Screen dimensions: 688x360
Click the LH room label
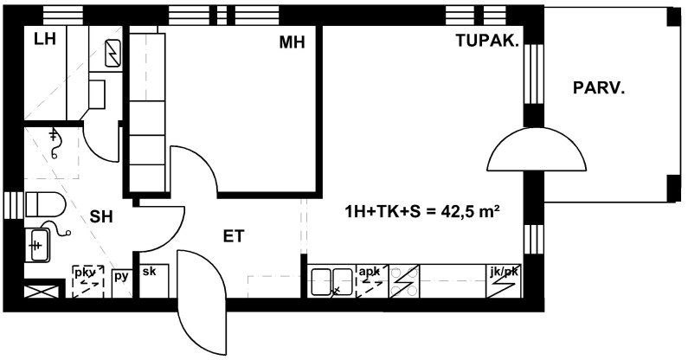coord(45,40)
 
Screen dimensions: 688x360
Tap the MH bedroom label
coord(292,42)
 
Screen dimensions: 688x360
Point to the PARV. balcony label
coord(599,88)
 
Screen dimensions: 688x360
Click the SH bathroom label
coord(101,216)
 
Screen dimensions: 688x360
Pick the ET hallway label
coord(234,236)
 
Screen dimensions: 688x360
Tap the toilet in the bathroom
coord(46,204)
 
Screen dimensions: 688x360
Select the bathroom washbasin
coord(37,245)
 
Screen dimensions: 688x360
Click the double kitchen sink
coord(331,282)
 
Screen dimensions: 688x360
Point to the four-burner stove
coord(404,281)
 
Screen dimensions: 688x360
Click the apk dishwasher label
coord(369,272)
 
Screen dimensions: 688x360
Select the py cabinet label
coord(121,276)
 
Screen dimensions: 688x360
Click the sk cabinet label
coord(149,271)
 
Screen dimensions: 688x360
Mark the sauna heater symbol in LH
coord(113,53)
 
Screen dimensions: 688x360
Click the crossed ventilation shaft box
coord(42,292)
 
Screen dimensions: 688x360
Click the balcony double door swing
coord(537,149)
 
